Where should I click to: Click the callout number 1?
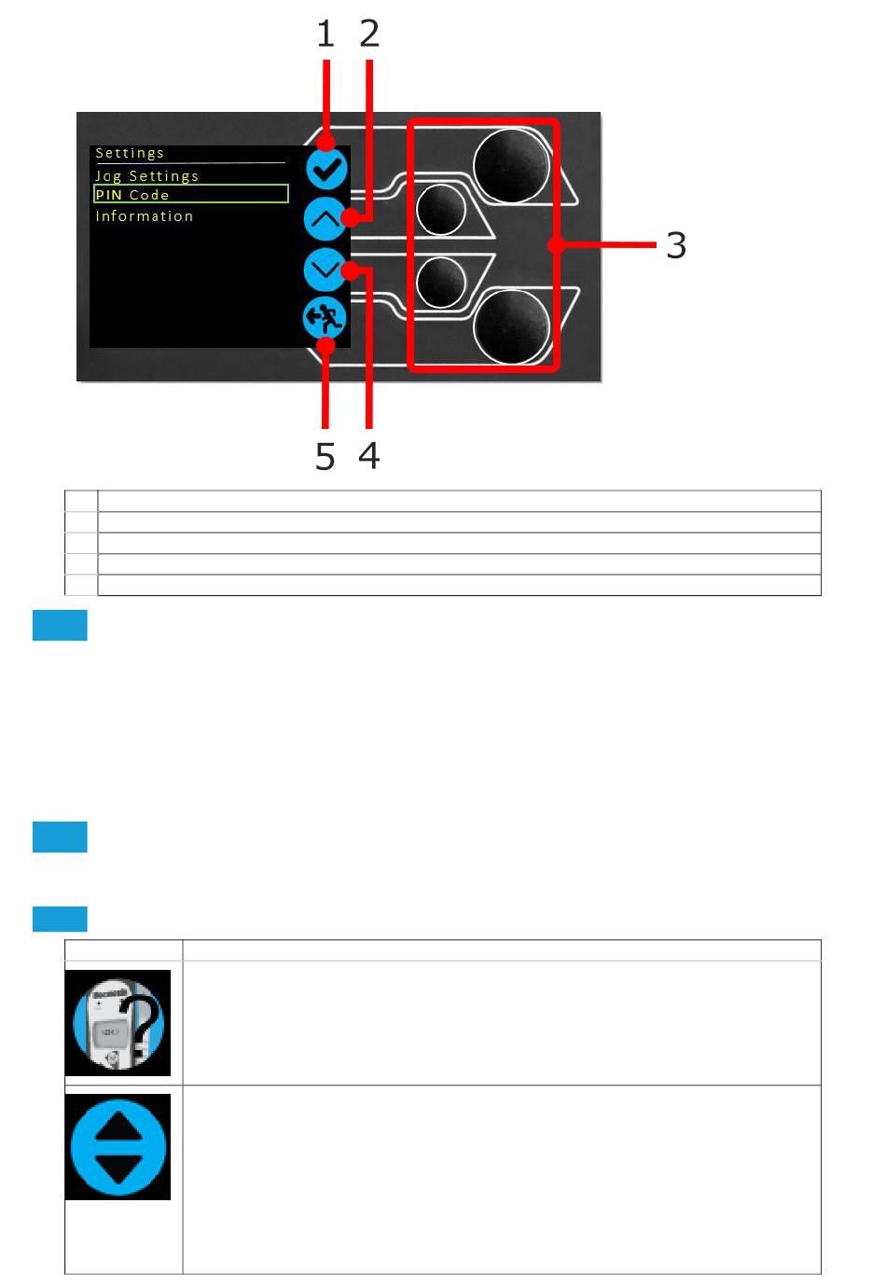pos(325,34)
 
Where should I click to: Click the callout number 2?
pos(369,34)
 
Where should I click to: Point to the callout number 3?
pos(676,245)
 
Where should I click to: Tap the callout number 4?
pos(368,456)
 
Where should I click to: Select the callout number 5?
pos(325,456)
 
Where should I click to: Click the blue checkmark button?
pos(326,169)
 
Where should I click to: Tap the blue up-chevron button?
pos(325,219)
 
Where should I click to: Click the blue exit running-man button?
pos(324,319)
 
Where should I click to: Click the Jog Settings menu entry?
pos(147,175)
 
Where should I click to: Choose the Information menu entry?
pos(145,215)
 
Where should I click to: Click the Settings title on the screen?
pos(130,153)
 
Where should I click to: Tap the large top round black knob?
pos(511,165)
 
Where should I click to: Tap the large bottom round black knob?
pos(511,326)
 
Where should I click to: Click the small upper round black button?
pos(440,210)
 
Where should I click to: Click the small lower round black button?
pos(440,282)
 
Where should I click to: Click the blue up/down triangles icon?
pos(118,1146)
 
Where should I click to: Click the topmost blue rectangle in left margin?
pos(60,625)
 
